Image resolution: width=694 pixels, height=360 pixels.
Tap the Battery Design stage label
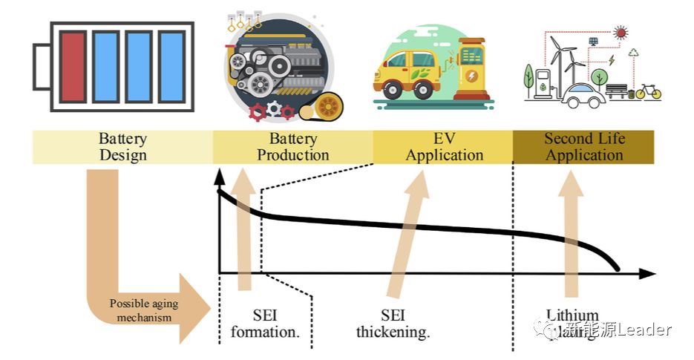tap(122, 147)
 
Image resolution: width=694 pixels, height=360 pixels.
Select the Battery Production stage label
tap(292, 147)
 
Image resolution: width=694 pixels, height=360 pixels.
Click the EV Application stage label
tap(444, 147)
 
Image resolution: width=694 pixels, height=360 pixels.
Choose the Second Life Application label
tap(584, 147)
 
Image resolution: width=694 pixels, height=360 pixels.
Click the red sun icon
tap(621, 33)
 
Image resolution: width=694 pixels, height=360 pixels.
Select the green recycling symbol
tap(633, 53)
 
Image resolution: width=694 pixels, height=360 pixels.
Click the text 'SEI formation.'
tap(265, 324)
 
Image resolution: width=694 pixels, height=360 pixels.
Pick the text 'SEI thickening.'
tap(393, 324)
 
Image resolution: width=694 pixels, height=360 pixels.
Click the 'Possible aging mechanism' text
tap(144, 310)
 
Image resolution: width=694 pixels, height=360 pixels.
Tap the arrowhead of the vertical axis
tap(219, 177)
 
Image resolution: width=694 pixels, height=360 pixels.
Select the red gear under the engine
tap(258, 112)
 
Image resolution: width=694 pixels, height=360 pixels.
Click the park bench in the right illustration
tap(616, 91)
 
